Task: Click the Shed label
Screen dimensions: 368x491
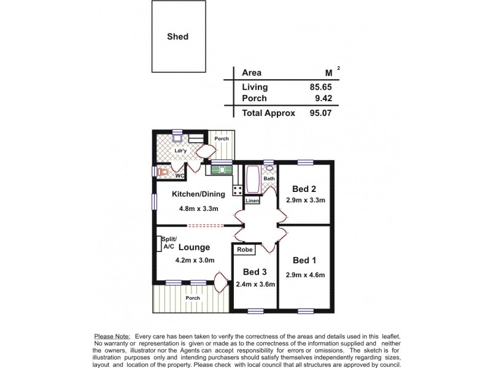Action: pyautogui.click(x=177, y=37)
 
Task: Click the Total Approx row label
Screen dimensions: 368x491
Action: pyautogui.click(x=269, y=113)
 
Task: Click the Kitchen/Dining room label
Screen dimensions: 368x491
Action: pyautogui.click(x=198, y=194)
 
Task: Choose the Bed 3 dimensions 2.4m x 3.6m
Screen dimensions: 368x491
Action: pyautogui.click(x=255, y=284)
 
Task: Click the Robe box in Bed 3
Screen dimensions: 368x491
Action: pyautogui.click(x=244, y=250)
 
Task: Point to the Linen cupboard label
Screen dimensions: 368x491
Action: pyautogui.click(x=252, y=201)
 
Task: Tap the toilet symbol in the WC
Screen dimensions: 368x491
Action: pyautogui.click(x=162, y=172)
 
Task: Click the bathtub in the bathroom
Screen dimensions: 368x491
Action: pyautogui.click(x=252, y=180)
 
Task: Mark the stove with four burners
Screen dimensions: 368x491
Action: pyautogui.click(x=237, y=189)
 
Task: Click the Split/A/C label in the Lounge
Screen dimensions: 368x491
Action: pyautogui.click(x=169, y=243)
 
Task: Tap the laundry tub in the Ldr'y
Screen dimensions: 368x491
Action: pyautogui.click(x=177, y=139)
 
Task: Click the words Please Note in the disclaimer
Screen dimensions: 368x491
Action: pyautogui.click(x=112, y=337)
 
